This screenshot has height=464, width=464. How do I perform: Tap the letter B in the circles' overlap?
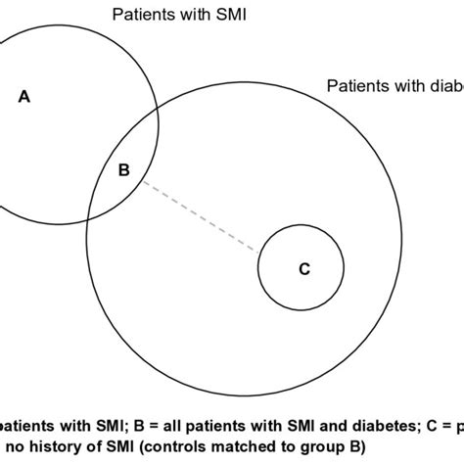pos(123,170)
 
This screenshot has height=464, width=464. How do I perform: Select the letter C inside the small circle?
pos(303,269)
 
